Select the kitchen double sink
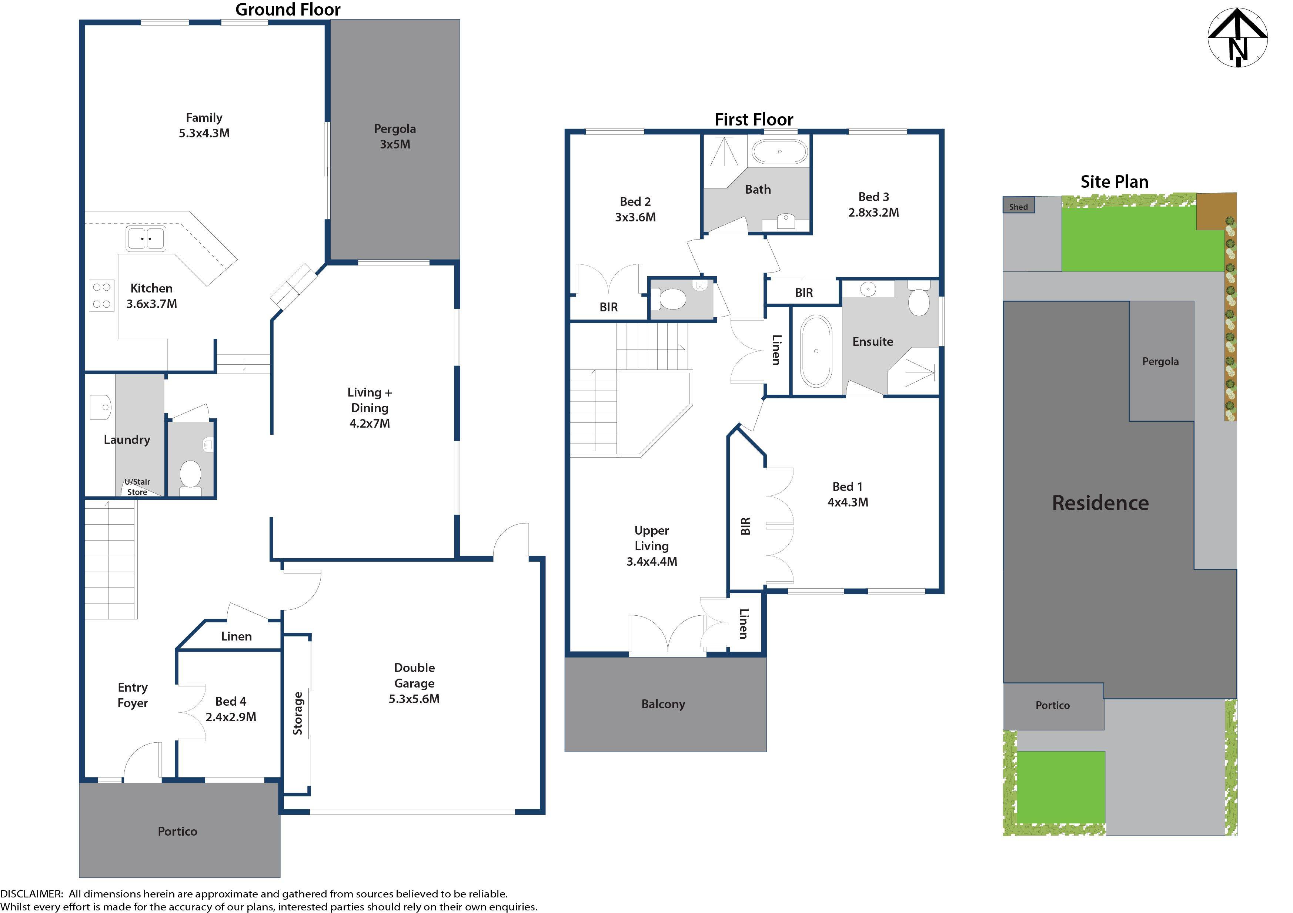tap(146, 239)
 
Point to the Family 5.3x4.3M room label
tap(204, 126)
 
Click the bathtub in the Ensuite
tap(816, 351)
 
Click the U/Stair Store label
tap(137, 486)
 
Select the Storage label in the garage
tap(297, 713)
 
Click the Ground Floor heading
tap(288, 10)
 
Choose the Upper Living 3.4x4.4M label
tap(652, 546)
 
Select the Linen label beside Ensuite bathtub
tap(776, 350)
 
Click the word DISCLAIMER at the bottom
tap(31, 893)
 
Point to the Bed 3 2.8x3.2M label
tap(873, 204)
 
